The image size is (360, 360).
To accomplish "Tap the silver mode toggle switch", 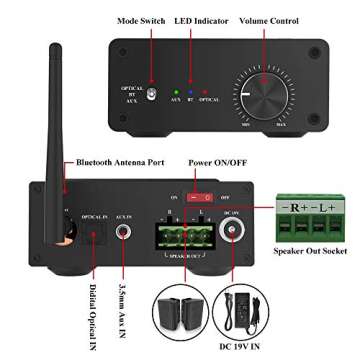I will [x=153, y=96].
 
